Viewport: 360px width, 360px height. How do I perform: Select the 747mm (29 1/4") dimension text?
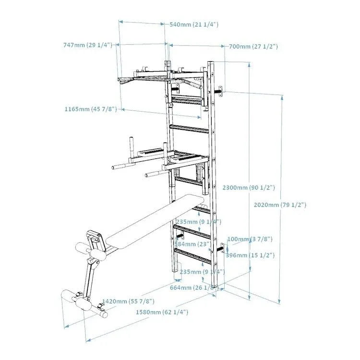(x=87, y=45)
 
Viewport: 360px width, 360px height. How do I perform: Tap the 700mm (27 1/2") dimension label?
(x=252, y=47)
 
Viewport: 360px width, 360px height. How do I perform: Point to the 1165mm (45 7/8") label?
(x=91, y=109)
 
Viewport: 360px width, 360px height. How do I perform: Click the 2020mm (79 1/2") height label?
(x=280, y=205)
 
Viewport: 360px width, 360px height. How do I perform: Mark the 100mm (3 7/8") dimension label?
(x=250, y=239)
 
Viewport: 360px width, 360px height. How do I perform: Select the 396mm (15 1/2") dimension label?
(x=250, y=255)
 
